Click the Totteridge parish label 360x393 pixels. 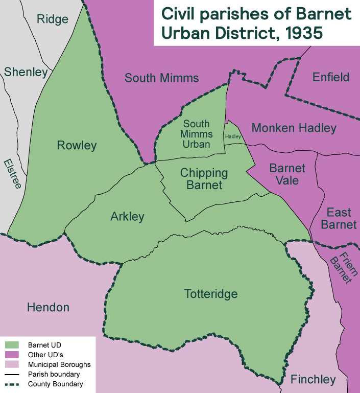click(x=210, y=294)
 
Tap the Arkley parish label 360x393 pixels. click(x=127, y=217)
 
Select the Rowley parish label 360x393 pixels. click(x=77, y=146)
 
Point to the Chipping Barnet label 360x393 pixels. click(x=204, y=179)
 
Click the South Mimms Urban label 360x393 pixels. click(x=197, y=134)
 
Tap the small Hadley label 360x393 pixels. click(x=233, y=137)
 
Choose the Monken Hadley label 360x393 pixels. click(x=294, y=128)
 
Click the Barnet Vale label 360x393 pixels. click(x=287, y=174)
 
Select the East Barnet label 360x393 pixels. click(x=342, y=218)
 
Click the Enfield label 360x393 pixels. click(x=331, y=77)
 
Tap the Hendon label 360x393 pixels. click(x=48, y=307)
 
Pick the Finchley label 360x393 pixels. click(x=313, y=379)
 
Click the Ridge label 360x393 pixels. click(x=53, y=19)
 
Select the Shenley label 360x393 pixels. click(x=26, y=72)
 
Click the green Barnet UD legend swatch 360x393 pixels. click(x=11, y=345)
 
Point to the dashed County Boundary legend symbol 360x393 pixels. click(x=11, y=384)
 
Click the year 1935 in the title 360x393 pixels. click(x=304, y=33)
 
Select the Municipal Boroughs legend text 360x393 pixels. click(x=59, y=364)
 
